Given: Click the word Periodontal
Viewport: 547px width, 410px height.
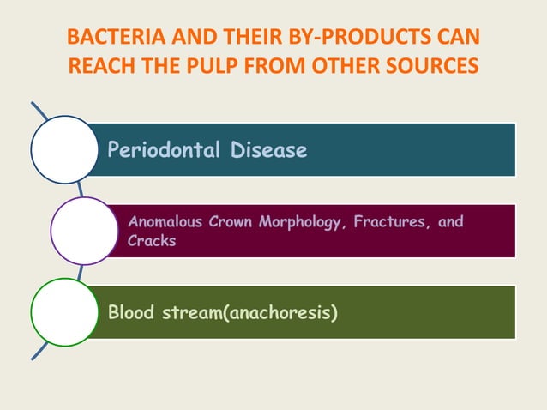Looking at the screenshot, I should point(158,151).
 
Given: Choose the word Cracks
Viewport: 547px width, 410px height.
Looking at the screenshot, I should point(152,241).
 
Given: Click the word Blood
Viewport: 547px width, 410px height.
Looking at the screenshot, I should point(132,312).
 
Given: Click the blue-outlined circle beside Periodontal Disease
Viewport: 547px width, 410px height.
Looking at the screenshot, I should point(64,150).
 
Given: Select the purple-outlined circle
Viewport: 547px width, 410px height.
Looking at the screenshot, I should point(84,230).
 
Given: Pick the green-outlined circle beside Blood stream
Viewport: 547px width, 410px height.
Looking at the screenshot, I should point(64,311).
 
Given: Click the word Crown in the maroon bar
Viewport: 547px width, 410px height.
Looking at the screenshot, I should point(228,222).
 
